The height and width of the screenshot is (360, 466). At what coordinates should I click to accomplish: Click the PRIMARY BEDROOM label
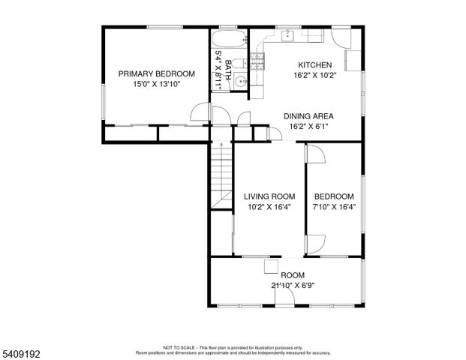point(157,73)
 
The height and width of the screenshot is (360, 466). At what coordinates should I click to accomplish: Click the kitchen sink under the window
point(287,34)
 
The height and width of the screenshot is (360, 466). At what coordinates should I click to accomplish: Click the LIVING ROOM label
point(269,196)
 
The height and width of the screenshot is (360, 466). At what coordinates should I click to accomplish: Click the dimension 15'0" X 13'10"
point(157,84)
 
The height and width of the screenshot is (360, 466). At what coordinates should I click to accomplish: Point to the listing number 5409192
point(23,351)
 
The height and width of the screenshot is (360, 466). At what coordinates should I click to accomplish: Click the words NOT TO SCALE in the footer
point(179,347)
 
